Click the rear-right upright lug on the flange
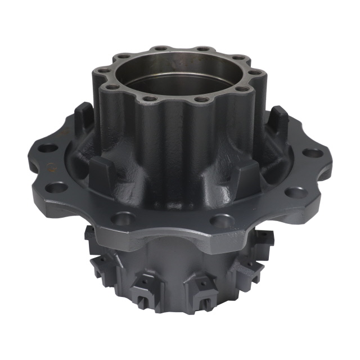tap(278, 120)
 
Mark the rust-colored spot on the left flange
tap(49, 167)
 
